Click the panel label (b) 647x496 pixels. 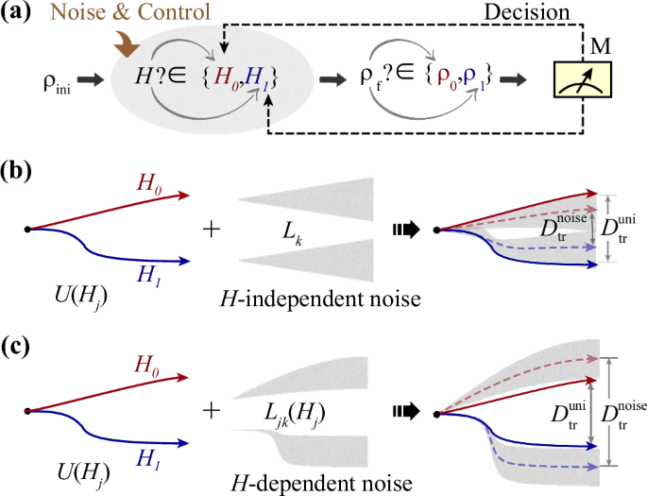point(20,173)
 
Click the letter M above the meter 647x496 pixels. point(597,46)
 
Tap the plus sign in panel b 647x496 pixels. point(212,229)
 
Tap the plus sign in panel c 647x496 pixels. point(212,411)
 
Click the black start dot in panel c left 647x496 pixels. point(28,411)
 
